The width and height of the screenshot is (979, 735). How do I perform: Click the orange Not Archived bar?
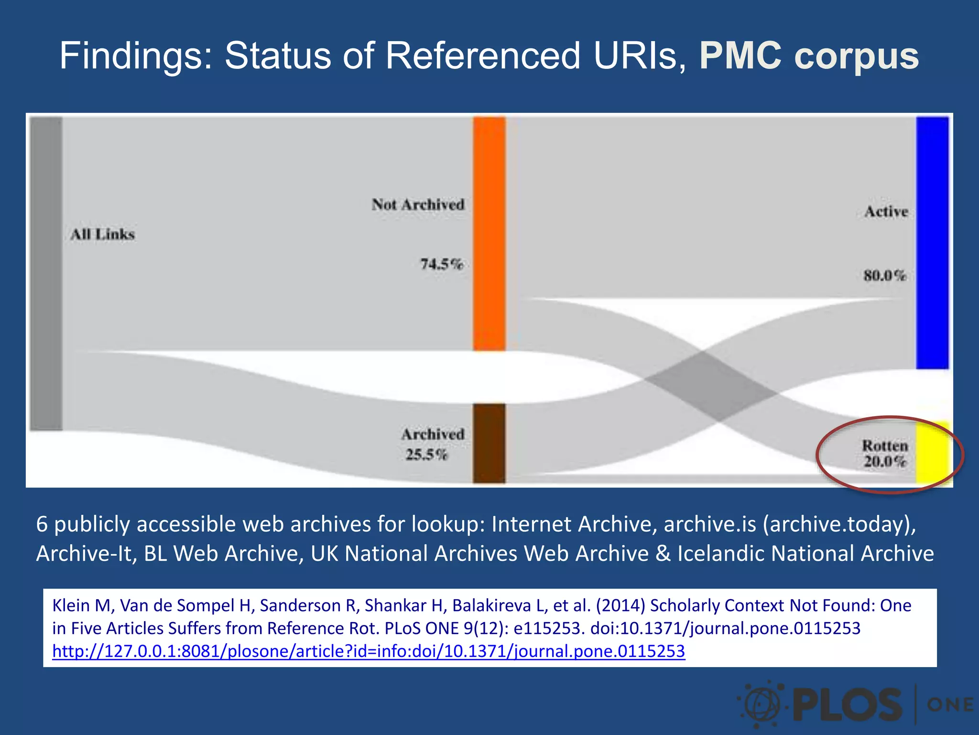point(489,234)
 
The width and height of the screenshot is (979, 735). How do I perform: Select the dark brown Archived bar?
point(489,443)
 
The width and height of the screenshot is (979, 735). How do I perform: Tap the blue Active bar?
point(932,242)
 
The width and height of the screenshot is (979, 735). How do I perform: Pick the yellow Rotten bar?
point(932,452)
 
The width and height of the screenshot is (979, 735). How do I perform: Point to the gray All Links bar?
point(46,273)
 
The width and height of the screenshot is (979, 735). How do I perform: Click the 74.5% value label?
point(442,264)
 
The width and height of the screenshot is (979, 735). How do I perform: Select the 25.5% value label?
point(426,454)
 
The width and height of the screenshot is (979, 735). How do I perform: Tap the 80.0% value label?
point(885,276)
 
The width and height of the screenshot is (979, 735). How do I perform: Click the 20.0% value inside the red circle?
point(885,461)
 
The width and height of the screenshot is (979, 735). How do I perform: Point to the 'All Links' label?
point(103,234)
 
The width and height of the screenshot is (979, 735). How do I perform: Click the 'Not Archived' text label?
point(418,204)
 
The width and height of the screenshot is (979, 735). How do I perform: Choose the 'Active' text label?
point(886,212)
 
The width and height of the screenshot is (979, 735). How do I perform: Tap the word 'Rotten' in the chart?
point(885,445)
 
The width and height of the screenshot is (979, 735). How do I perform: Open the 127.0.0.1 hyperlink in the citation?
point(369,651)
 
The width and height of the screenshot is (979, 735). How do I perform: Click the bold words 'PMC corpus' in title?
point(809,56)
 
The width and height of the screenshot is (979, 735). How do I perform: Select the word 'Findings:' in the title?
point(136,56)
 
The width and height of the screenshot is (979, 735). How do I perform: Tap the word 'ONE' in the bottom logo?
point(949,705)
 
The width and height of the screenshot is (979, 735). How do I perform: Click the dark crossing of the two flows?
point(711,387)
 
